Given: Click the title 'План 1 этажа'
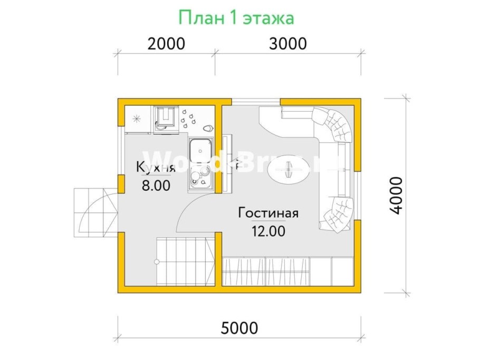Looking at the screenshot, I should (x=236, y=18).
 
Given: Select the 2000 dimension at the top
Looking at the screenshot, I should (x=166, y=44).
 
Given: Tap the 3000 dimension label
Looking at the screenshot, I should (x=287, y=44).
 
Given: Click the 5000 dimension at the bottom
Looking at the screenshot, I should (x=239, y=328).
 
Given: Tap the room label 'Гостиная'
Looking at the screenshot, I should (x=268, y=213).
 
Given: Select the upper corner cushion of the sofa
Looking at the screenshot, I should (x=335, y=124).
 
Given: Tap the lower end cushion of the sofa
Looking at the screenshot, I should (x=336, y=214).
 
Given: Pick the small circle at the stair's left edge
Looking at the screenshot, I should (x=157, y=262).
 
